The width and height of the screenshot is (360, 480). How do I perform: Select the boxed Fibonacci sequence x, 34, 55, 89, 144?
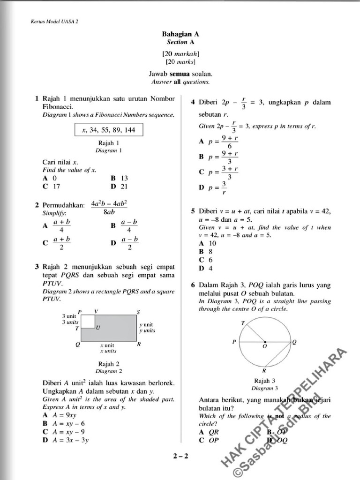pos(108,130)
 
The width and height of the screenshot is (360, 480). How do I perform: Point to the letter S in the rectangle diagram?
pos(138,312)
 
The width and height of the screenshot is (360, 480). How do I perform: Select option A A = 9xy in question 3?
pos(61,415)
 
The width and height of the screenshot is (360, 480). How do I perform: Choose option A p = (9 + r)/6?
pos(218,142)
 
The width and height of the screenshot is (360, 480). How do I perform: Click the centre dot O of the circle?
pos(265,342)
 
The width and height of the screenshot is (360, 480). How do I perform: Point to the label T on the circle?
pos(242,323)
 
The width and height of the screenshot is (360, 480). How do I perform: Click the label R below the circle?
pos(264,370)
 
